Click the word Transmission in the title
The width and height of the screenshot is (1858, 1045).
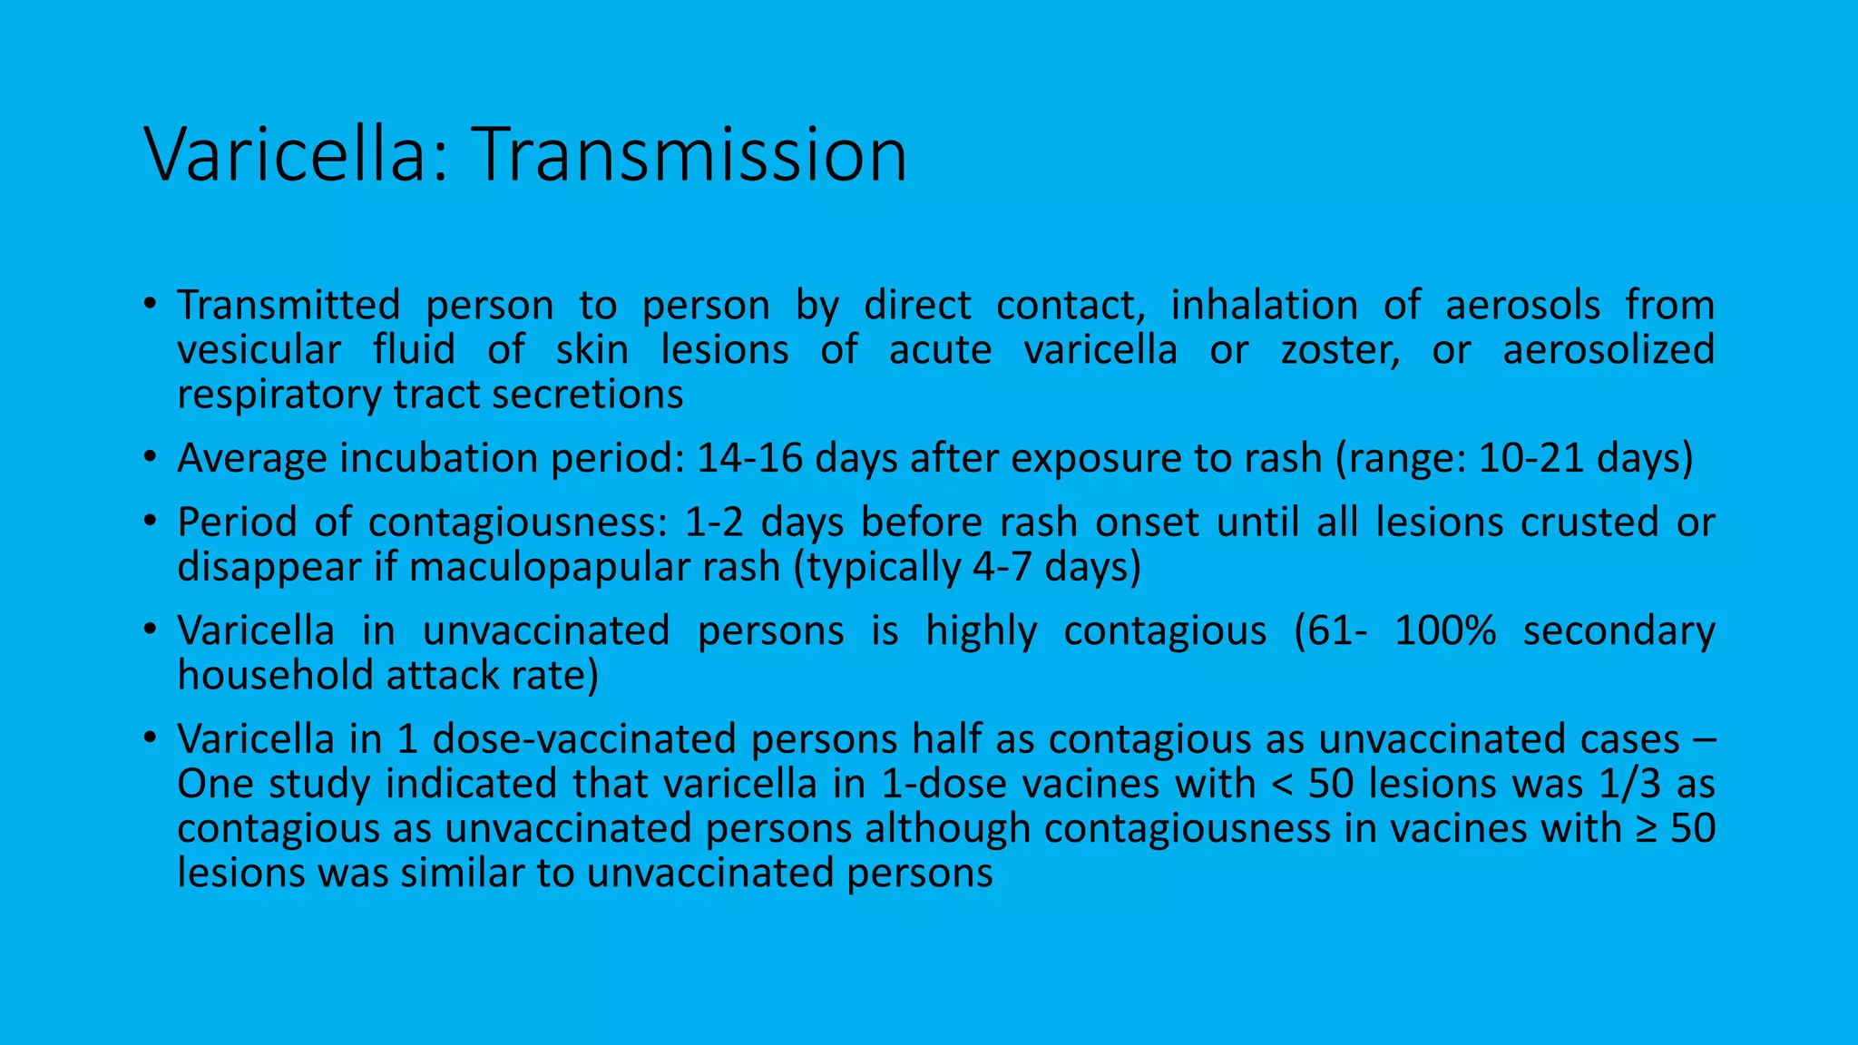click(x=689, y=155)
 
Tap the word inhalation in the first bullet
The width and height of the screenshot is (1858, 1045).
click(x=1264, y=306)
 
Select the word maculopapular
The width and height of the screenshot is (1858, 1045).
click(x=594, y=568)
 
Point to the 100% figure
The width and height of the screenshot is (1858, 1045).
click(x=1445, y=631)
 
